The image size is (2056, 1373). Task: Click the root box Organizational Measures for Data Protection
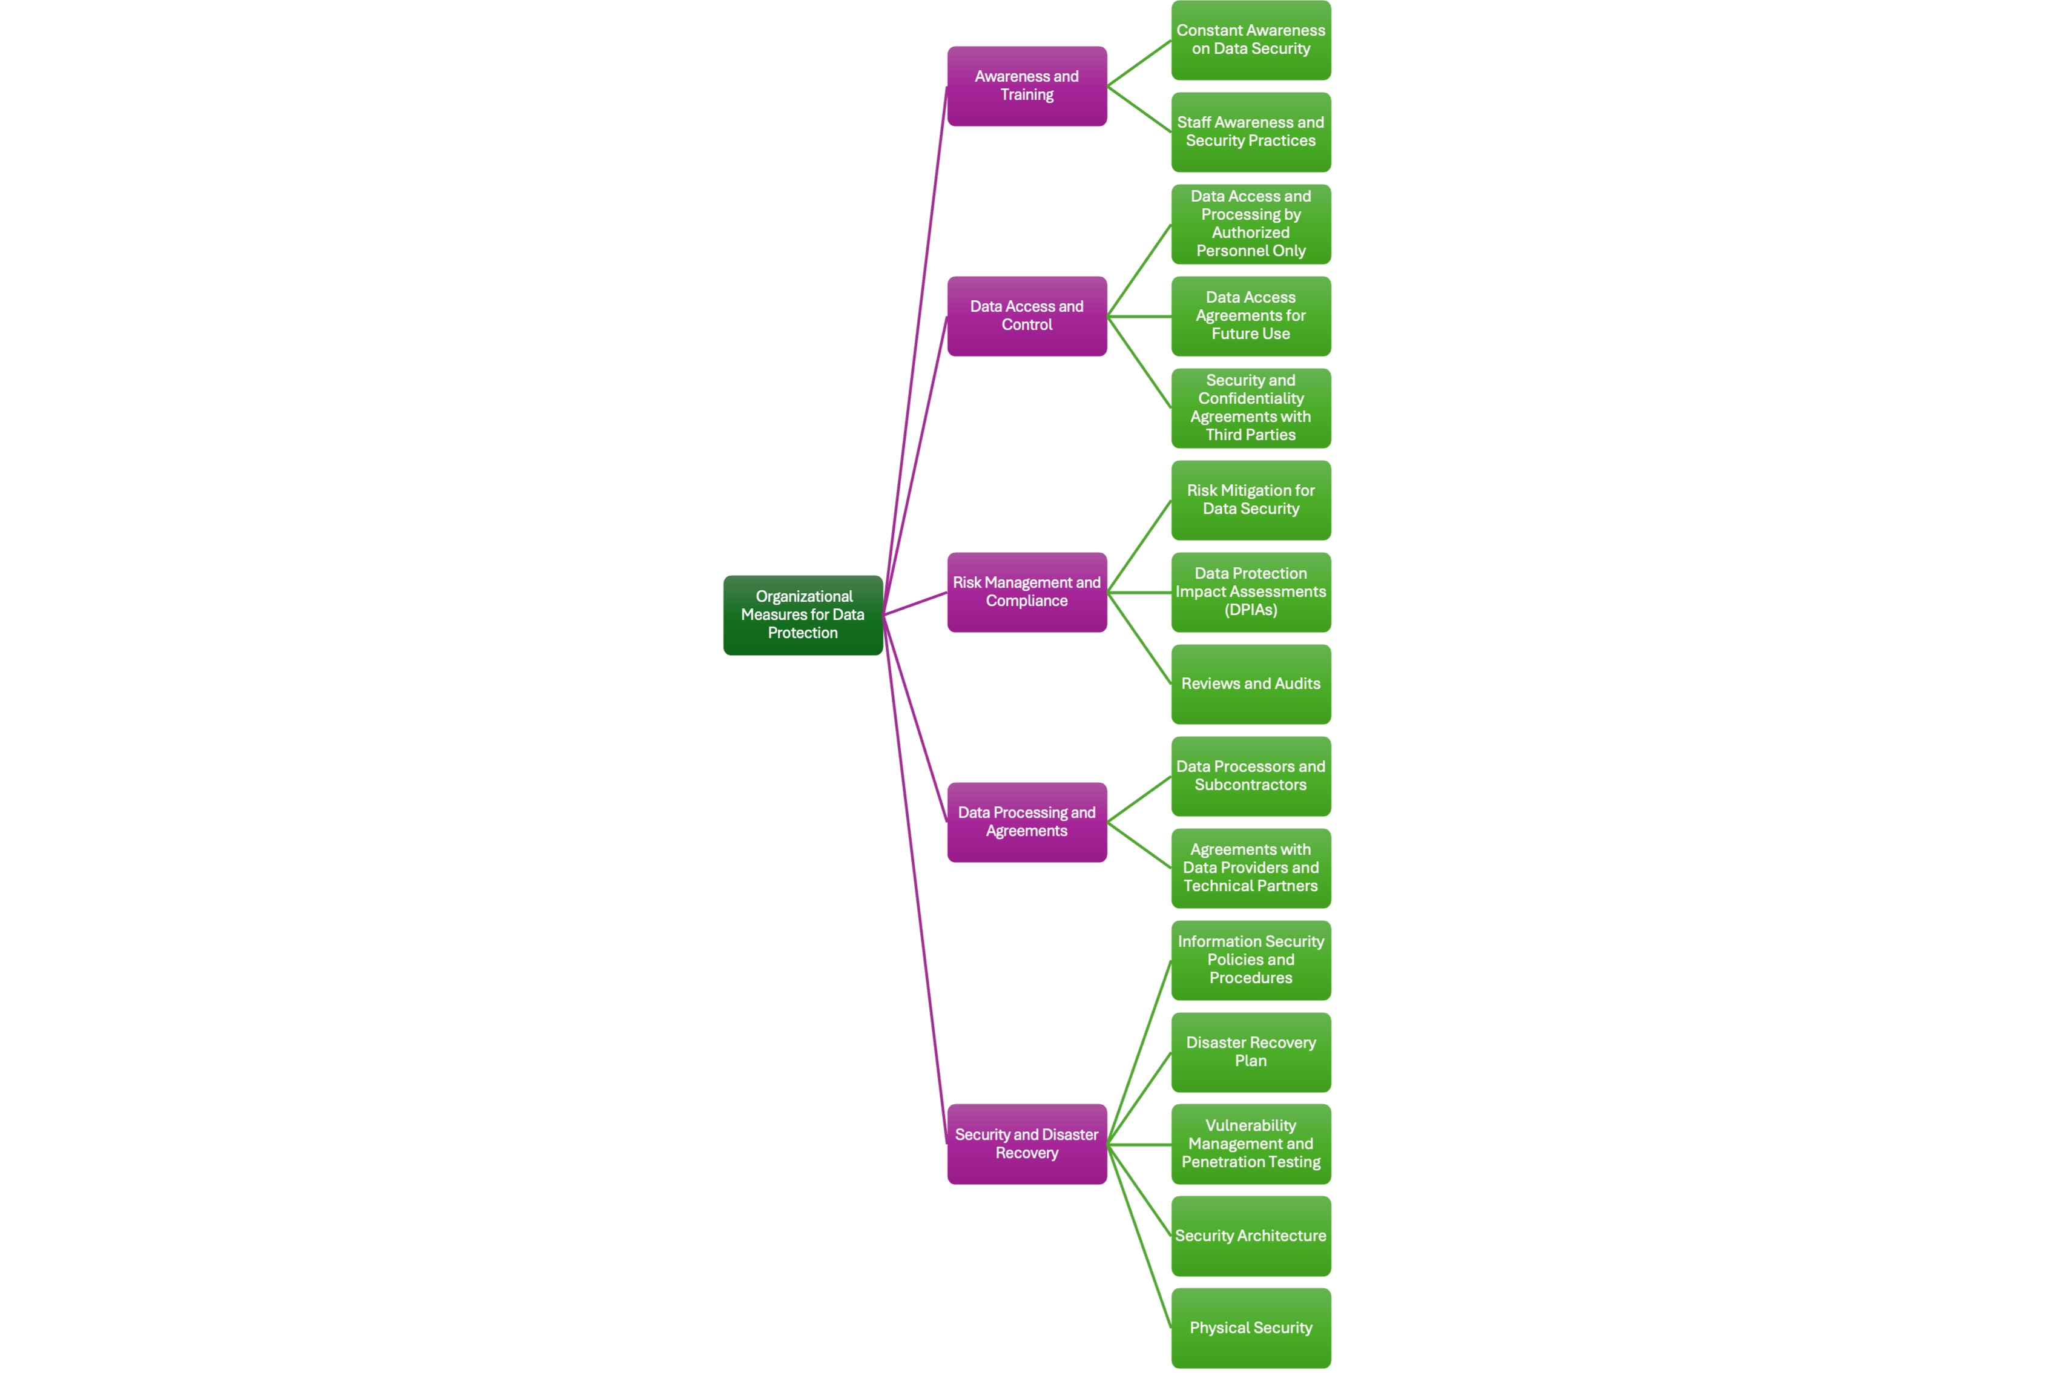click(803, 614)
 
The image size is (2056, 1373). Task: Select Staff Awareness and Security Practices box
click(1250, 132)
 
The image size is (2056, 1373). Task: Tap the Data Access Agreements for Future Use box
click(1250, 316)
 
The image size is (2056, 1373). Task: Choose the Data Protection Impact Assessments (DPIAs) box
click(1250, 592)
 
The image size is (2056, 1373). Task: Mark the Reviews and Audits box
click(1250, 684)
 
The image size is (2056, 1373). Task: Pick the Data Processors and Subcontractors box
click(1250, 776)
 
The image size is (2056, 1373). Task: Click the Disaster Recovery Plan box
click(1250, 1052)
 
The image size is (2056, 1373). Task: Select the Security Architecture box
click(1250, 1236)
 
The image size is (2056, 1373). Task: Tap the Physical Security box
click(1250, 1328)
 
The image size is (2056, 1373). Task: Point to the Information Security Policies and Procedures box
click(1250, 960)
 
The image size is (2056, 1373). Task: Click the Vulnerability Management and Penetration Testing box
click(1250, 1144)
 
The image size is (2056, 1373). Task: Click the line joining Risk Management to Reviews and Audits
click(1139, 638)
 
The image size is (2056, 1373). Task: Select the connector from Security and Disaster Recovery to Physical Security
click(1139, 1236)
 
